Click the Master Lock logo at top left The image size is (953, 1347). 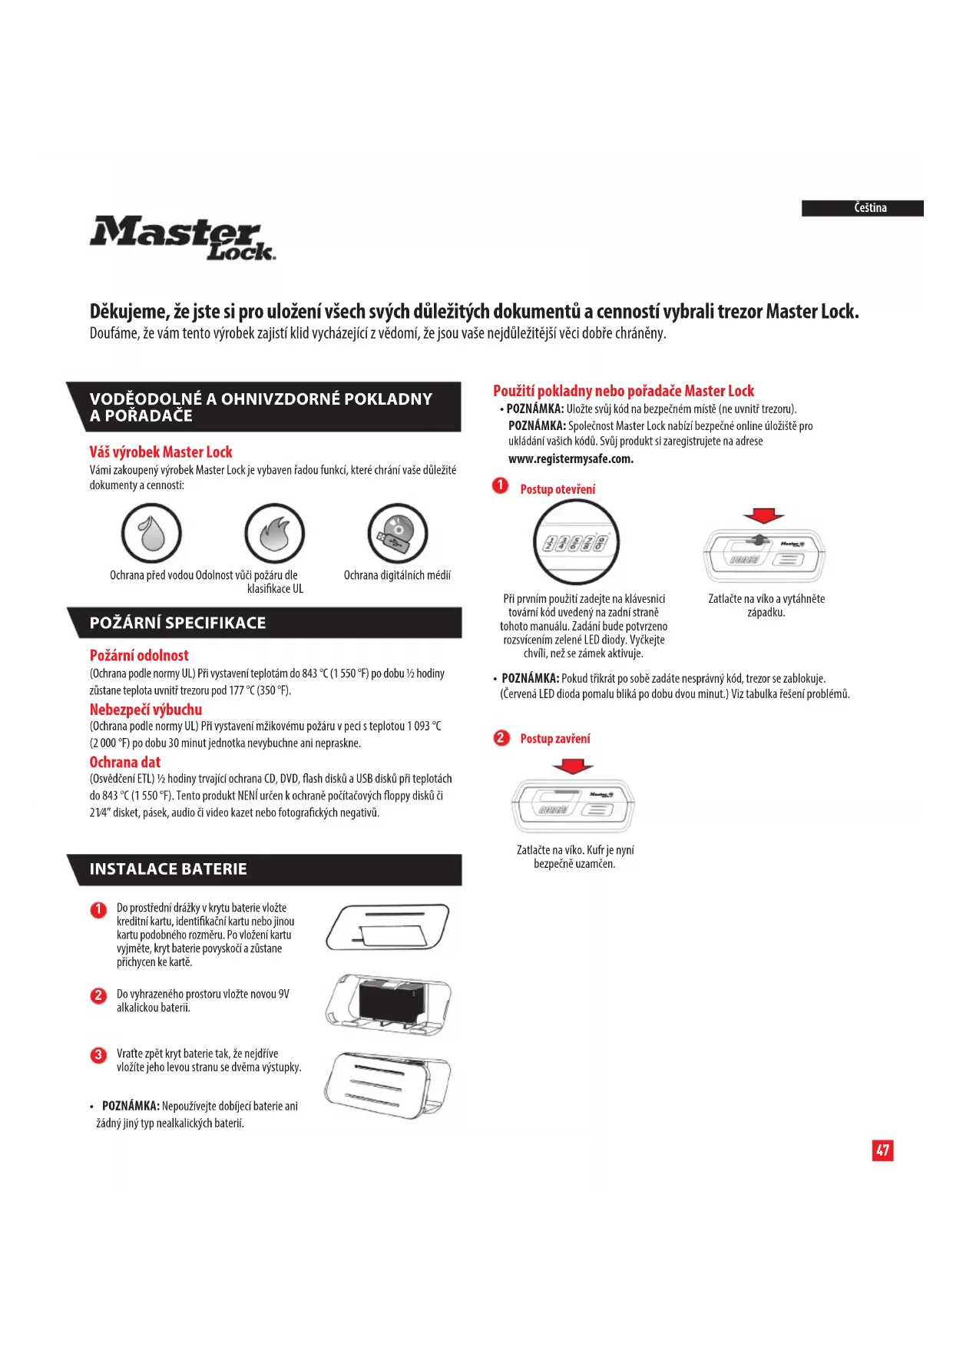click(182, 238)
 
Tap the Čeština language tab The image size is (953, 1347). click(862, 208)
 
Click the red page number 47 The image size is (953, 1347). click(882, 1150)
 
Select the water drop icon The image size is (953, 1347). click(151, 533)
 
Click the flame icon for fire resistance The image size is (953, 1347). click(274, 533)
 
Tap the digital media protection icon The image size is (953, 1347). click(397, 533)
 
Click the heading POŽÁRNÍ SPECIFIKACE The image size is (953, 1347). click(177, 623)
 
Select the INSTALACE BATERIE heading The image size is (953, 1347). click(168, 869)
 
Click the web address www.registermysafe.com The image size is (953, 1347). click(571, 459)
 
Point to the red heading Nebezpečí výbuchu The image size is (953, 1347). click(146, 710)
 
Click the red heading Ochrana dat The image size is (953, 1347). click(125, 762)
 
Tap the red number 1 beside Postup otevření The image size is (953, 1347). click(501, 485)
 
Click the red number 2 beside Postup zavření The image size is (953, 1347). click(501, 738)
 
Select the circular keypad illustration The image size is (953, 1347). click(576, 542)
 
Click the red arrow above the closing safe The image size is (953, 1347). click(573, 766)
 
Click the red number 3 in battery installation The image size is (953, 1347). click(98, 1055)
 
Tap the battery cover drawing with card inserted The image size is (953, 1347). click(388, 928)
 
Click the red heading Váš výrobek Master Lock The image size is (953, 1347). click(160, 452)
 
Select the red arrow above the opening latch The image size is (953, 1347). click(763, 515)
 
